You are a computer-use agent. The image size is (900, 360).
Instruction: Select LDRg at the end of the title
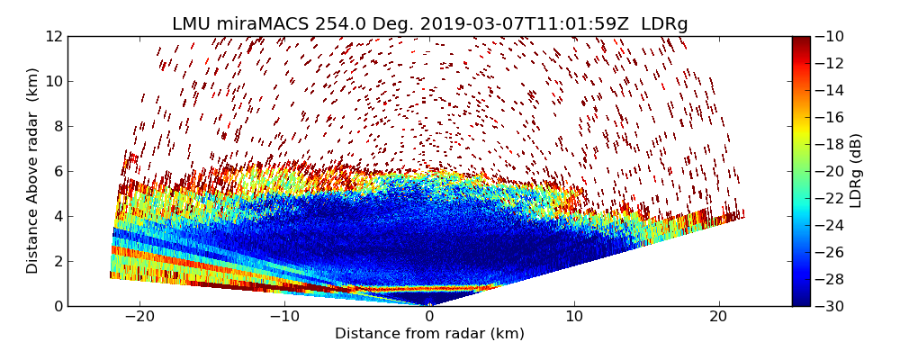tap(664, 24)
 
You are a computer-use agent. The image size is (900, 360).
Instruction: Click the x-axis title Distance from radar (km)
tap(429, 334)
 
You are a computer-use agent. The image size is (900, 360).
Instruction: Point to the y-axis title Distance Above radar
tap(33, 171)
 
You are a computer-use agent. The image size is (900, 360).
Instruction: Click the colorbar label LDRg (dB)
tap(856, 171)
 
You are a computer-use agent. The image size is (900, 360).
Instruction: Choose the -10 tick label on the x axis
tap(284, 317)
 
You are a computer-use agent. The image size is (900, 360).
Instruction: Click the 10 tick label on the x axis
tap(574, 317)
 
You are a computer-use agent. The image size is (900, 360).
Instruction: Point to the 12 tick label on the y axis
tap(54, 36)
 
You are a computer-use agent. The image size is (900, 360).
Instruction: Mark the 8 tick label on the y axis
tap(58, 126)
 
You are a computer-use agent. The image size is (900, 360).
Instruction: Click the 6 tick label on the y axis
tap(58, 171)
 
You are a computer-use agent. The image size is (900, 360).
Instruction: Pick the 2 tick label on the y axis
tap(58, 261)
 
